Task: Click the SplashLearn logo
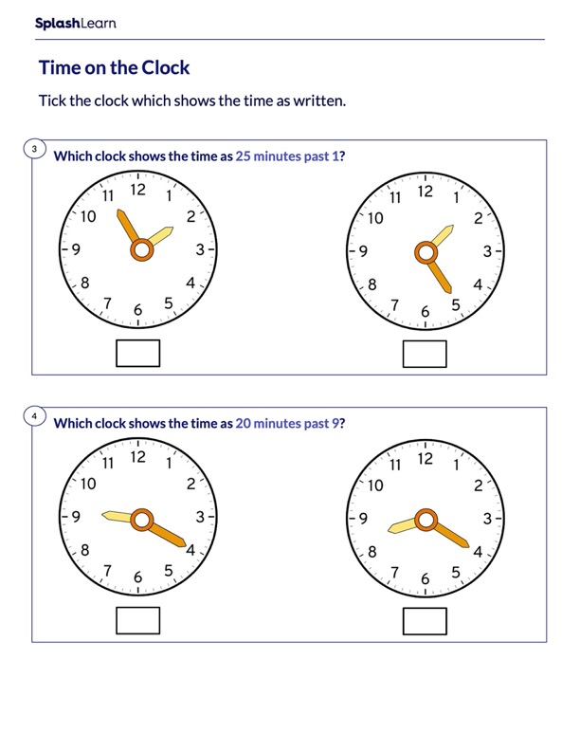tap(75, 24)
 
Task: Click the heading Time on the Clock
tap(114, 68)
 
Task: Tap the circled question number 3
tap(34, 149)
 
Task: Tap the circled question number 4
tap(34, 416)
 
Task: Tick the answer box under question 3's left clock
tap(137, 353)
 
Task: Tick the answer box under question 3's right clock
tap(424, 353)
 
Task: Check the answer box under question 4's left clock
tap(137, 620)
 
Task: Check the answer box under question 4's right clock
tap(424, 620)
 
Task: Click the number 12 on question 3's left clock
tap(138, 190)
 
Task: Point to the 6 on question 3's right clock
tap(425, 311)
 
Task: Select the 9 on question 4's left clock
tap(75, 518)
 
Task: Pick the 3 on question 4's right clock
tap(487, 519)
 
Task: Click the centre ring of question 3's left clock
tap(141, 250)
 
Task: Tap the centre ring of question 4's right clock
tap(426, 519)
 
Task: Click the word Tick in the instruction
tap(53, 101)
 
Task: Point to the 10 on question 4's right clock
tap(375, 485)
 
